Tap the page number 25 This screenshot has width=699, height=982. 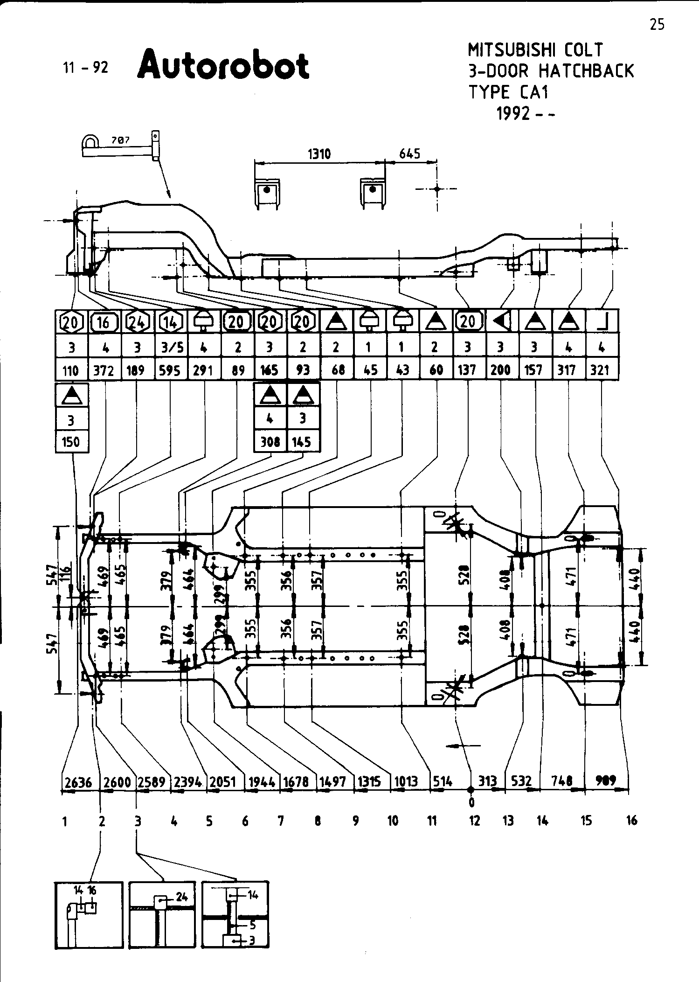pos(657,24)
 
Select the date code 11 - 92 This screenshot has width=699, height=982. pos(86,68)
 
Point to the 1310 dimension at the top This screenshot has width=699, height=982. pos(319,153)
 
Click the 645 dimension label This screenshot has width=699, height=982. pos(409,153)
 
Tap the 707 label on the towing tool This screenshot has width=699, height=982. pos(121,139)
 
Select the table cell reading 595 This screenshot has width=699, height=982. pos(170,370)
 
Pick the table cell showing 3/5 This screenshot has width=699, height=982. pos(170,347)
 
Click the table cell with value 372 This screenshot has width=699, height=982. pos(104,370)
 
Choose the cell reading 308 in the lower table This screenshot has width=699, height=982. pos(270,441)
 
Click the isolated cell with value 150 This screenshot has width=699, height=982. pos(71,441)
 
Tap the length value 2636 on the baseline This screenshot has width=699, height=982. pos(78,781)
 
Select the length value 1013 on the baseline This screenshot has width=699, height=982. pos(406,781)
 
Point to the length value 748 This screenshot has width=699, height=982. pos(561,780)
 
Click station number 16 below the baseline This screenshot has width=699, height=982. pos(631,821)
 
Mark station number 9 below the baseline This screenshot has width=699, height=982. pos(355,821)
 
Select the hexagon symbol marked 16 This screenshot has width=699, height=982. pos(104,322)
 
